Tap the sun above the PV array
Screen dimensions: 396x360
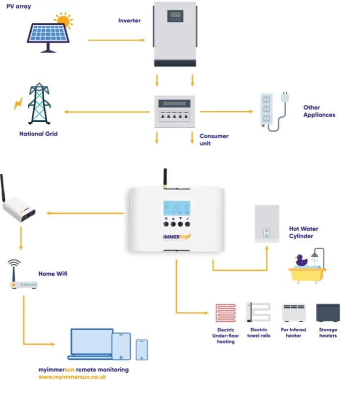[63, 21]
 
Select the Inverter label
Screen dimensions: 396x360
[129, 21]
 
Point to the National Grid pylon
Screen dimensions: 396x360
[39, 105]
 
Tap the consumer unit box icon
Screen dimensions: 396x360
[175, 112]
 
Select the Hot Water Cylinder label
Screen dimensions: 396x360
[304, 233]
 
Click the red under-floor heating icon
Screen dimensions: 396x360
[225, 313]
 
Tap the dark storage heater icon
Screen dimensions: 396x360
[328, 313]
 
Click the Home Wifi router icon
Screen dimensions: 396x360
[23, 285]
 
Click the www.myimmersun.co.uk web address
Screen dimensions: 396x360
[72, 377]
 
